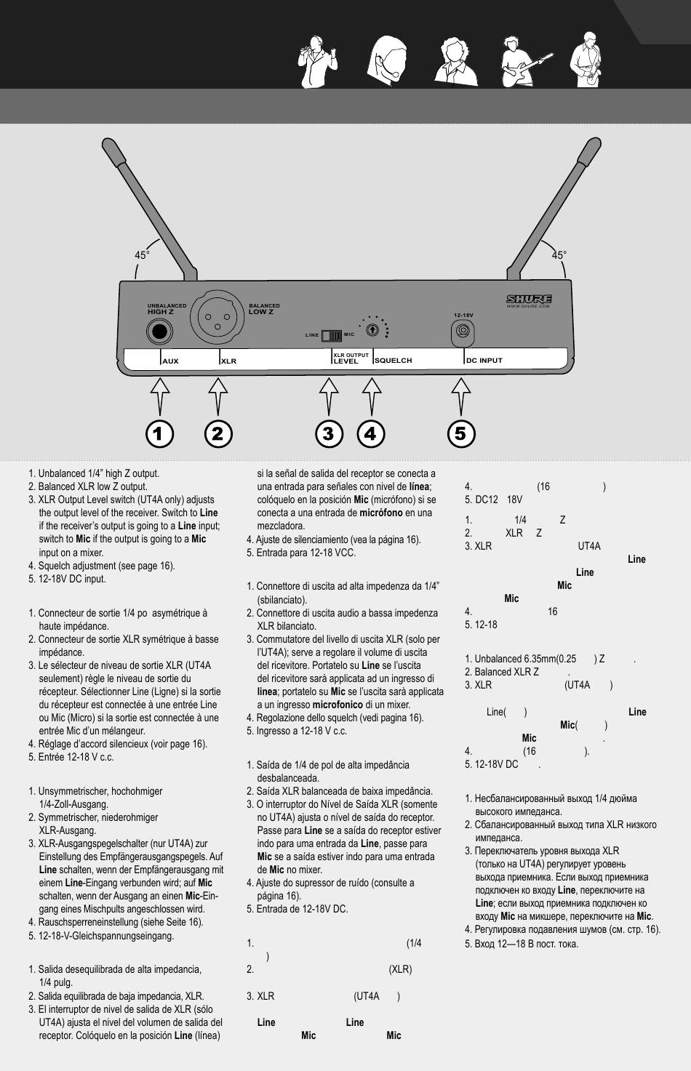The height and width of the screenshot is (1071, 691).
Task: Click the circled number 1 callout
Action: pos(159,434)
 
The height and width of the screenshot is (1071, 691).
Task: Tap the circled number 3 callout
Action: pos(329,434)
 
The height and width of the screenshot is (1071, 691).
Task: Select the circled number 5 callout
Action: pos(460,434)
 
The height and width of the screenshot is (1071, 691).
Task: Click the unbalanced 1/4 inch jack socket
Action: pos(158,332)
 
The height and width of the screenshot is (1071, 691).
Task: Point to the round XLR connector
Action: pos(215,317)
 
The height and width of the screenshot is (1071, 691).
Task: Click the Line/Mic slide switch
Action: pos(332,335)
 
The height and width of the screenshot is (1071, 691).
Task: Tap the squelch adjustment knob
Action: pos(372,329)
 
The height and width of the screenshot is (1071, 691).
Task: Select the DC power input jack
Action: pos(463,332)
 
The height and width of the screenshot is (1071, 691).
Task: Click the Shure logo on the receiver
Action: pos(529,299)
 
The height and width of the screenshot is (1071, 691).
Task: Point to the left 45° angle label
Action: pos(142,255)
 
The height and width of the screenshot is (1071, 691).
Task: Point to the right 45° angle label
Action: pos(559,255)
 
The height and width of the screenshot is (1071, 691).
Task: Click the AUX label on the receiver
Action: pos(170,361)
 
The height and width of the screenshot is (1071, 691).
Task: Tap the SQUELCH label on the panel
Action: pos(394,361)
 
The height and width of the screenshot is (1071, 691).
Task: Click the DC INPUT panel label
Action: pos(484,361)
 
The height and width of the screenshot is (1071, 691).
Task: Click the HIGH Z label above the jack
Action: pos(161,312)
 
